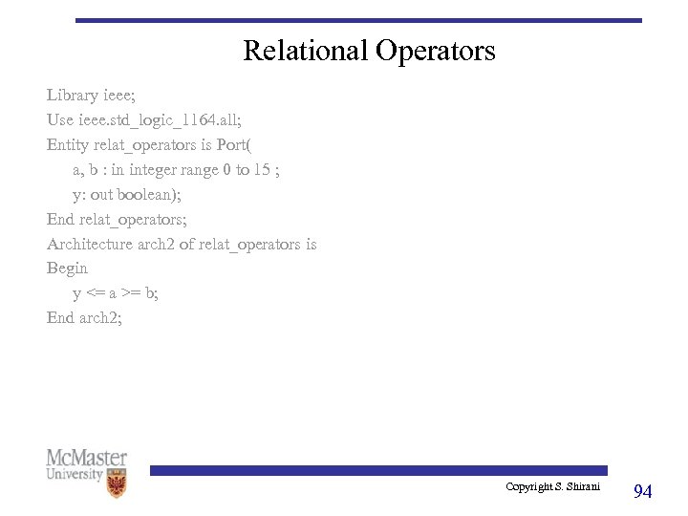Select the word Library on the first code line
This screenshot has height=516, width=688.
click(73, 96)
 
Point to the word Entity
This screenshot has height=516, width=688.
click(68, 145)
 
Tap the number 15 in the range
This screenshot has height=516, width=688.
click(261, 170)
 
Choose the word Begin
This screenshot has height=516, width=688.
click(67, 269)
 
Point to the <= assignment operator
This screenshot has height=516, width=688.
click(95, 294)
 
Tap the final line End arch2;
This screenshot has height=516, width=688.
click(85, 318)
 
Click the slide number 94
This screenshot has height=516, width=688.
click(643, 491)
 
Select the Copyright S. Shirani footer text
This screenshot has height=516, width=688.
click(552, 487)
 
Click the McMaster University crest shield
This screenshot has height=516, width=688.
click(117, 484)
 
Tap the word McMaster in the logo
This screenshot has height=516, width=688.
click(86, 459)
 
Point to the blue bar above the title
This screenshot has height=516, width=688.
click(358, 20)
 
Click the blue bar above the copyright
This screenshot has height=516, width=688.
click(377, 470)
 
